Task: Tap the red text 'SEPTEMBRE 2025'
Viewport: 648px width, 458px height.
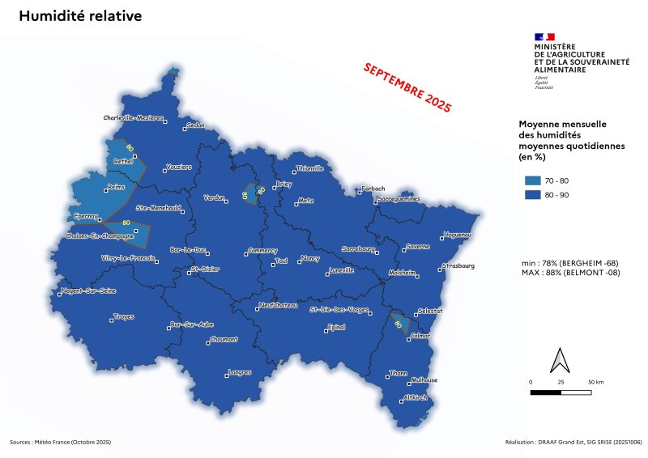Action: click(x=407, y=87)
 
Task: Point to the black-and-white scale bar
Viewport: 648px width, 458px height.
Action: click(x=561, y=392)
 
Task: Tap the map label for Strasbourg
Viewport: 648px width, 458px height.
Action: click(x=458, y=265)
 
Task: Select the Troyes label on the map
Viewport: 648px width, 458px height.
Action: click(x=124, y=316)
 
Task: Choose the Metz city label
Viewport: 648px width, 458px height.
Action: click(x=305, y=200)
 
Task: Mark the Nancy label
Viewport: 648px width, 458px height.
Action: click(x=310, y=259)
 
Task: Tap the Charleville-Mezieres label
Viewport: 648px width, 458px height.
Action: click(x=134, y=117)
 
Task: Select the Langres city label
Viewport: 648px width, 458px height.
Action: click(x=241, y=372)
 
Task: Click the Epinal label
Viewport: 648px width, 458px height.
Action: click(x=335, y=327)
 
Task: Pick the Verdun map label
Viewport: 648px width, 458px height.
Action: click(x=214, y=197)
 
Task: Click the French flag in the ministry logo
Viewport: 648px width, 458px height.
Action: click(x=544, y=36)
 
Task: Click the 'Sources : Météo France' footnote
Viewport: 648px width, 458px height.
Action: click(x=60, y=443)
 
